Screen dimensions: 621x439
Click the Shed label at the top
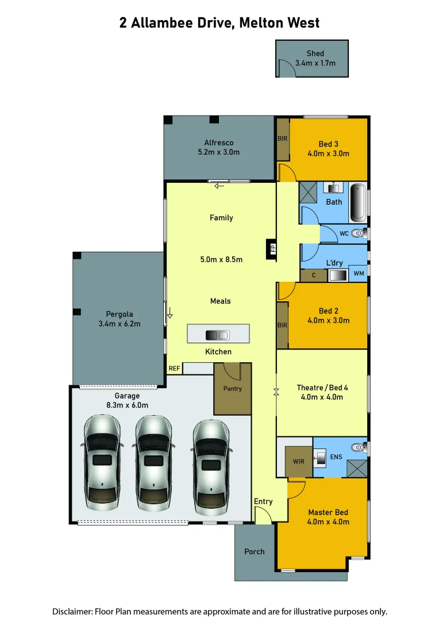point(315,53)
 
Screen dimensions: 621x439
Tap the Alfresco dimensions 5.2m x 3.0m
point(218,152)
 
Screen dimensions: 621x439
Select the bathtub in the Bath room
point(357,202)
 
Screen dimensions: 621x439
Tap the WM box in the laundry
point(357,274)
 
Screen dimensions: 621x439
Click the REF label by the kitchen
point(174,368)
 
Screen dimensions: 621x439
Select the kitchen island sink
point(218,335)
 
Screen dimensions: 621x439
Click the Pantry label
point(233,389)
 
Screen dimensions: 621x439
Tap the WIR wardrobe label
point(299,461)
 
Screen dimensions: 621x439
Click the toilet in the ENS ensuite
point(359,446)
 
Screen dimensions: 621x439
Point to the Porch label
point(255,551)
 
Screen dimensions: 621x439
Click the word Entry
point(263,501)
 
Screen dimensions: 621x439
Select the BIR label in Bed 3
point(283,139)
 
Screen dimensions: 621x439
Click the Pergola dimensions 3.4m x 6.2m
point(120,324)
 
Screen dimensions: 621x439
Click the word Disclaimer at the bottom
point(72,611)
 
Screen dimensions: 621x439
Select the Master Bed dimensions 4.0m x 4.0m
point(328,522)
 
